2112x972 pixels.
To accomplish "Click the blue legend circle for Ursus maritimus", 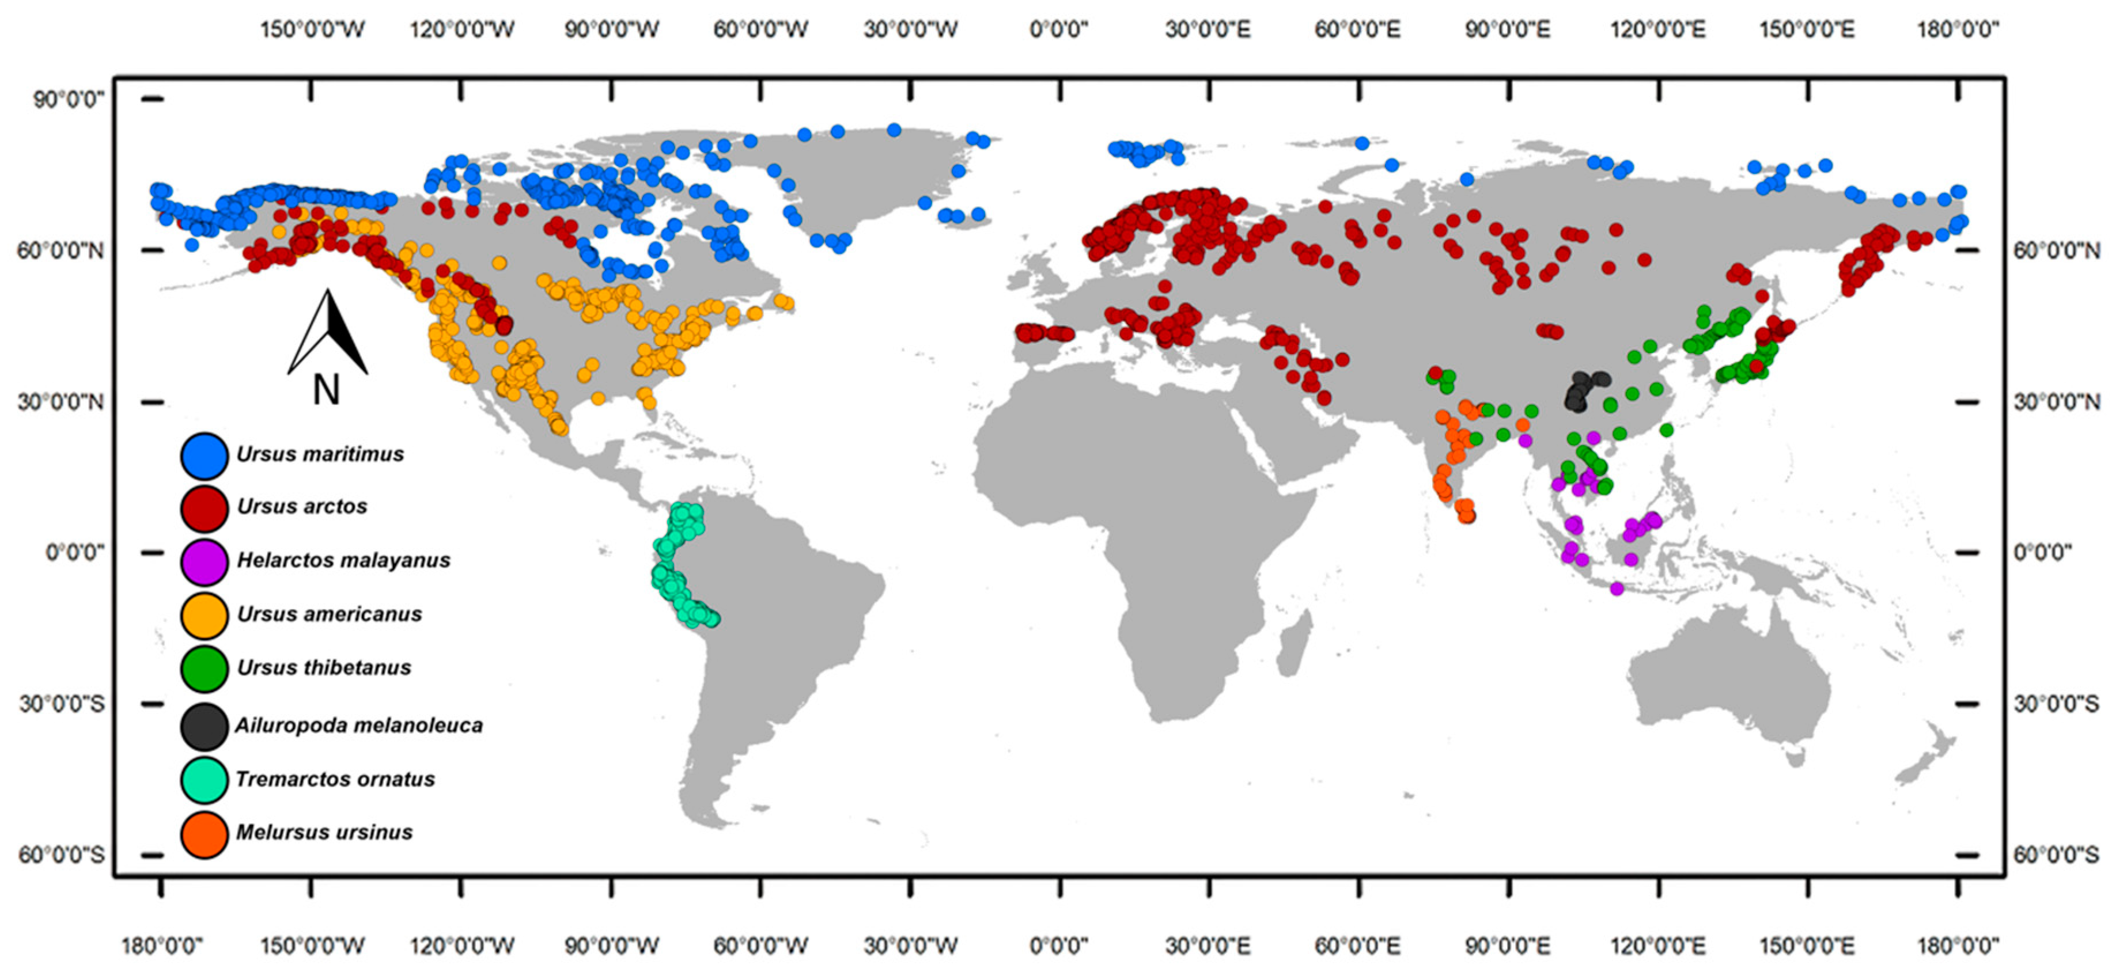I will pos(204,455).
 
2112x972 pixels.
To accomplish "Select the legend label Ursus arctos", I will pos(302,507).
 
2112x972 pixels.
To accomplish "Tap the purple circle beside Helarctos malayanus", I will pos(204,561).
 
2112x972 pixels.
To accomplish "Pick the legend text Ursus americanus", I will pos(330,614).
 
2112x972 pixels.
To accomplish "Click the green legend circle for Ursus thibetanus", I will pos(204,669).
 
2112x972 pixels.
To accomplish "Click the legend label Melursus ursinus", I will pos(325,832).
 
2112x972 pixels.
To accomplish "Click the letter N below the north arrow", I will pos(326,390).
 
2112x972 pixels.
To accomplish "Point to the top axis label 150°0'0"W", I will pos(312,29).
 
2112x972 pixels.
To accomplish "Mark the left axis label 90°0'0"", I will pos(69,100).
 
